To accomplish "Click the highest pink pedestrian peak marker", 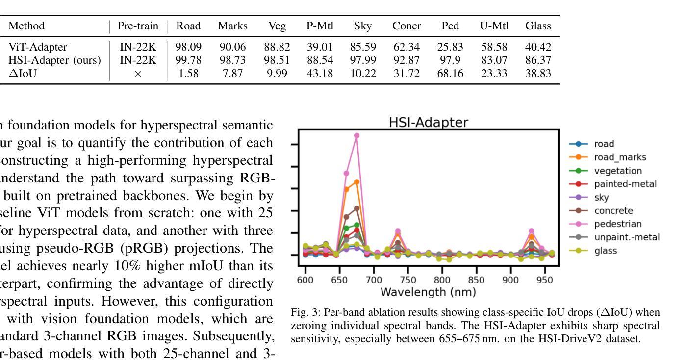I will pos(356,136).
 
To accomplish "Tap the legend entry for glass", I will pos(606,251).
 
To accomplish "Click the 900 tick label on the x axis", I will pos(510,280).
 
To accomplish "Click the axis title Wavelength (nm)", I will pos(428,292).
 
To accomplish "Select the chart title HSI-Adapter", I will pos(428,122).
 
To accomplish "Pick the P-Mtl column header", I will pos(319,26).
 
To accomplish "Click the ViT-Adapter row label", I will pos(38,47).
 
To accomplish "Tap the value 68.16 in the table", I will pos(450,74).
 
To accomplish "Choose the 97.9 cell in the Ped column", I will pos(450,60).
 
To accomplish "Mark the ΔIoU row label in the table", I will pos(23,74).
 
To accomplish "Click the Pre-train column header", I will pos(138,26).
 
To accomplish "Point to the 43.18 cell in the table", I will pos(319,74).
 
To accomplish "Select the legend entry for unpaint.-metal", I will pos(627,237).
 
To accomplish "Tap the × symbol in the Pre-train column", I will pos(138,74).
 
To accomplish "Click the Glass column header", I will pos(538,26).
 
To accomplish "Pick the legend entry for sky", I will pos(601,198).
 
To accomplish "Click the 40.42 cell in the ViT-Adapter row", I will pos(538,47).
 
